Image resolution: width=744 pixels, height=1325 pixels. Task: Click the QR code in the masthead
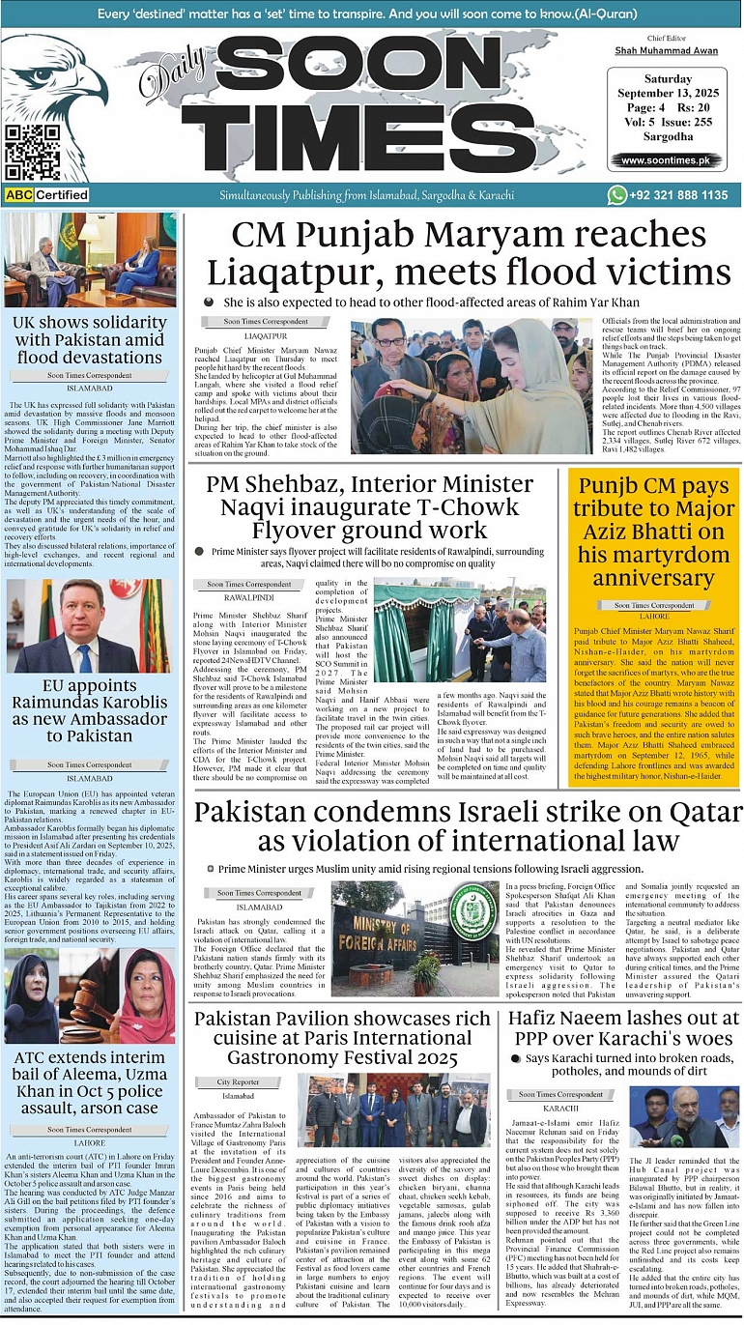point(32,152)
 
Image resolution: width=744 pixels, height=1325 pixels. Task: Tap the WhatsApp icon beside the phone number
point(617,195)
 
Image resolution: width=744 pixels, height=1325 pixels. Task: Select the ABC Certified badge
point(46,195)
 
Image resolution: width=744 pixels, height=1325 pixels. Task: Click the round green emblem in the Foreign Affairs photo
point(472,911)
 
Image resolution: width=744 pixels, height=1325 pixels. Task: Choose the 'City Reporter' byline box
point(238,1081)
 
